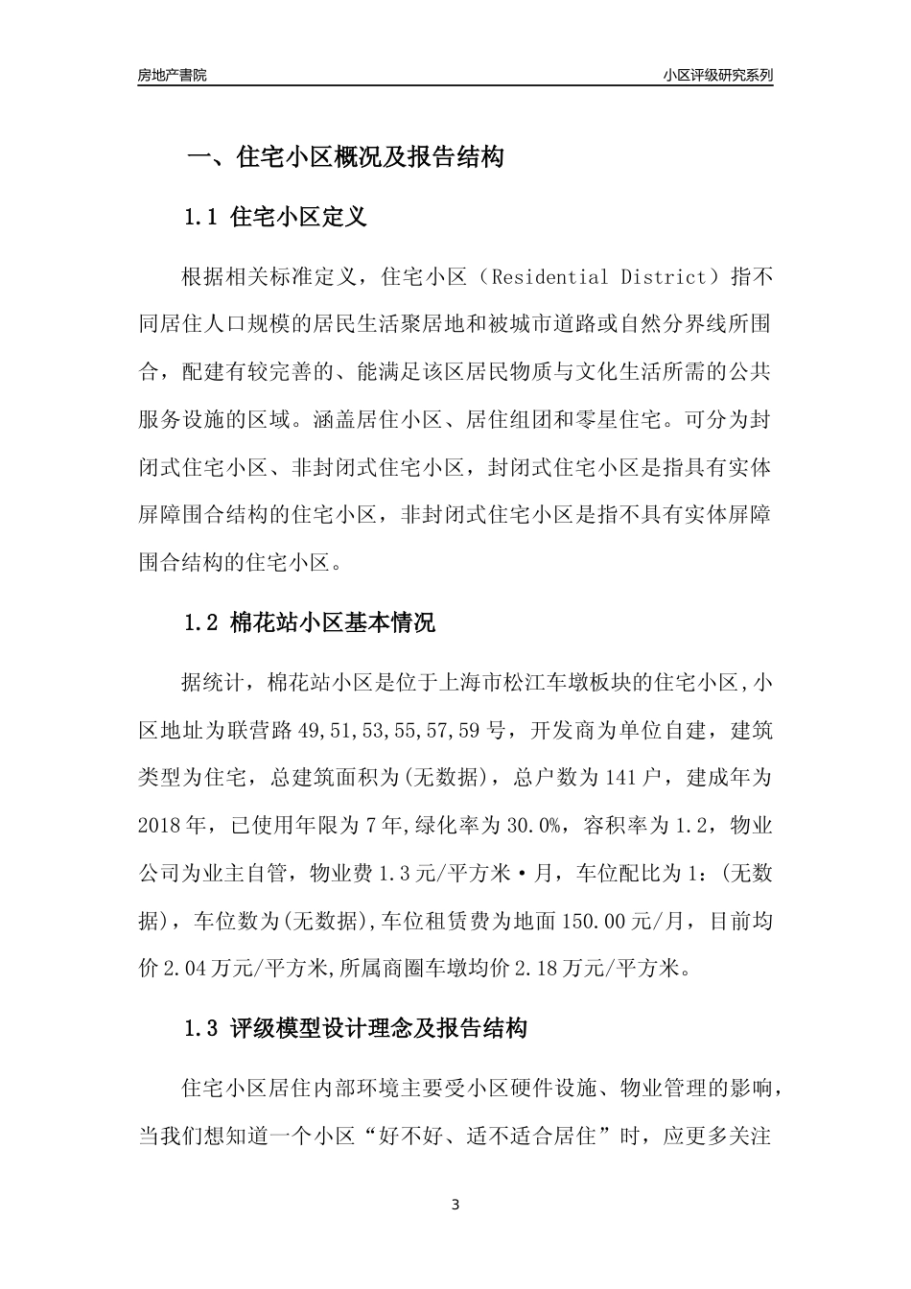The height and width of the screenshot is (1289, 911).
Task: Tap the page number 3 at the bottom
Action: (x=455, y=1205)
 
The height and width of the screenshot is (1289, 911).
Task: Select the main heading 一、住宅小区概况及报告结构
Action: (x=344, y=157)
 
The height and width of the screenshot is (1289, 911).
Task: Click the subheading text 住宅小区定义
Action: (x=299, y=218)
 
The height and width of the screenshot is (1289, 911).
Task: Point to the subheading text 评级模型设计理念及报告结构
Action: (x=380, y=1030)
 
